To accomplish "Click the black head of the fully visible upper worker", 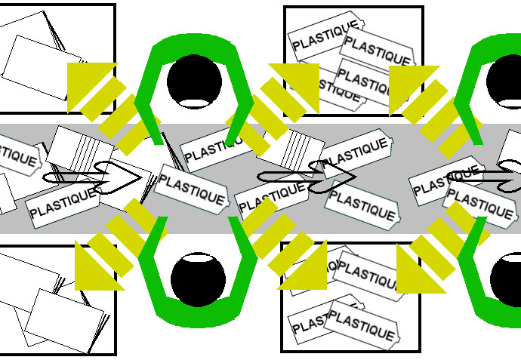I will pyautogui.click(x=194, y=79).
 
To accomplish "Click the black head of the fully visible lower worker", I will pyautogui.click(x=198, y=279).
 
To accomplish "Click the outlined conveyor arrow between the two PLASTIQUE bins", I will pyautogui.click(x=310, y=177).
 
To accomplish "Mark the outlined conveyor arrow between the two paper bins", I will pyautogui.click(x=94, y=177).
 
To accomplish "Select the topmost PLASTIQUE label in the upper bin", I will pyautogui.click(x=325, y=35).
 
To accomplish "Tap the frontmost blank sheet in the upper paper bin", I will pyautogui.click(x=42, y=68).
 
